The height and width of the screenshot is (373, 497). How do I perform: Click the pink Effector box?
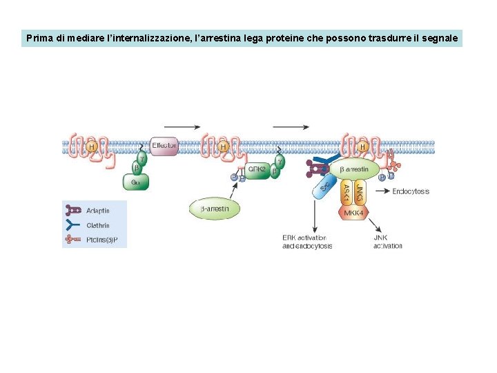pyautogui.click(x=164, y=146)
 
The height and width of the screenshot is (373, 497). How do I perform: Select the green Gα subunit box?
pyautogui.click(x=135, y=182)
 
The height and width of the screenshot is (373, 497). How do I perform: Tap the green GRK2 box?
pyautogui.click(x=257, y=169)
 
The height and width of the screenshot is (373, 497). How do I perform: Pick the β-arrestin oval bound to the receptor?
pyautogui.click(x=354, y=169)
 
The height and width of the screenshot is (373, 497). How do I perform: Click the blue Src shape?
pyautogui.click(x=323, y=186)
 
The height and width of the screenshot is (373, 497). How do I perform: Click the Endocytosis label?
pyautogui.click(x=411, y=191)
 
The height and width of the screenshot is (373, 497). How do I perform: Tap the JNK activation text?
pyautogui.click(x=388, y=242)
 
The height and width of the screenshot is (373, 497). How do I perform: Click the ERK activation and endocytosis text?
pyautogui.click(x=307, y=242)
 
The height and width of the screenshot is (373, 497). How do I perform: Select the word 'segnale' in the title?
pyautogui.click(x=441, y=39)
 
